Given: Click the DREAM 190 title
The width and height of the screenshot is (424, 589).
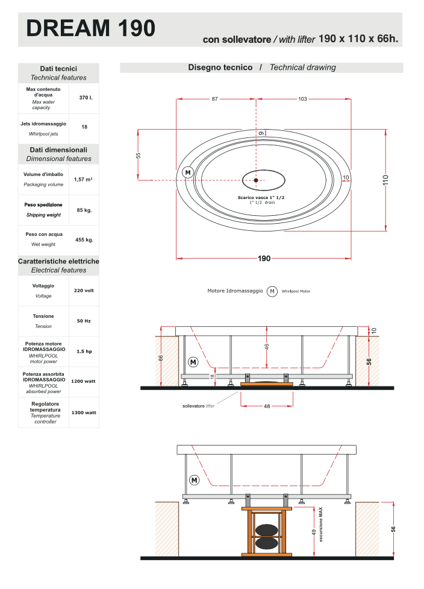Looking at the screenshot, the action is (x=90, y=28).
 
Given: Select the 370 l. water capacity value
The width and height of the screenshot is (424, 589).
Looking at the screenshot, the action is (x=86, y=98).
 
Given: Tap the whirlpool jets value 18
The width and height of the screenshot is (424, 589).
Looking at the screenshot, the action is (x=84, y=127).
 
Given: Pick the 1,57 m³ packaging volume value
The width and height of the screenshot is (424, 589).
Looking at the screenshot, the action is (x=83, y=180).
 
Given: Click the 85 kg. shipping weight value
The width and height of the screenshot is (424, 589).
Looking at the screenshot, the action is (x=84, y=210).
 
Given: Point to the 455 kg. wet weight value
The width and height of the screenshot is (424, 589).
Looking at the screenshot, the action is (x=84, y=240).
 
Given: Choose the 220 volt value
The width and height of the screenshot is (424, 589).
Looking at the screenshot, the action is (x=84, y=291).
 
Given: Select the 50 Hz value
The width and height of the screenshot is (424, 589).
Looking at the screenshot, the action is (x=84, y=321).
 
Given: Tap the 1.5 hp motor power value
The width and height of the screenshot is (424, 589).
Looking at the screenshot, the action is (x=84, y=351).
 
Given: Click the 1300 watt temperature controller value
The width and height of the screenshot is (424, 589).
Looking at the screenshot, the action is (x=84, y=412).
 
